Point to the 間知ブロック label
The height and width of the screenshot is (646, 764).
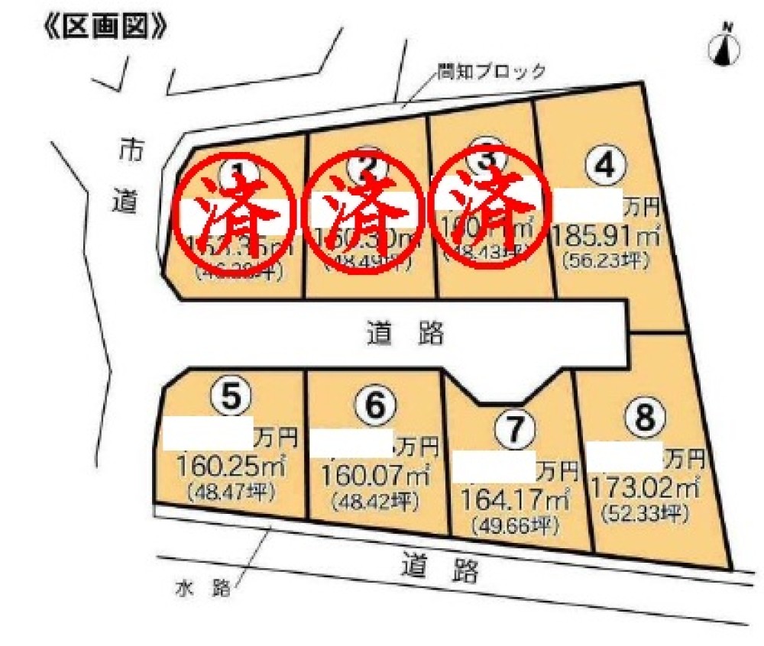[x=491, y=72]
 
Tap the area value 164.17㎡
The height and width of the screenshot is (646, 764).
[x=513, y=501]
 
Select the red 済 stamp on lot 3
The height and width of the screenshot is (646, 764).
[x=492, y=204]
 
